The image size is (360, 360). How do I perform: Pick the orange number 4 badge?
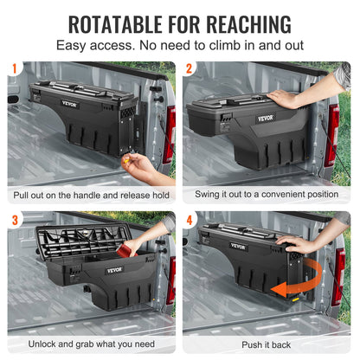(190, 219)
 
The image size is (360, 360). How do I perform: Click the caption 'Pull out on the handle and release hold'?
(90, 196)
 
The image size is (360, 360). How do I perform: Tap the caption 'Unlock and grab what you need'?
(90, 344)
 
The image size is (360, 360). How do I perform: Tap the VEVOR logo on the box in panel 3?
(115, 269)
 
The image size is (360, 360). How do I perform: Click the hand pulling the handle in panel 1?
(141, 164)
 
